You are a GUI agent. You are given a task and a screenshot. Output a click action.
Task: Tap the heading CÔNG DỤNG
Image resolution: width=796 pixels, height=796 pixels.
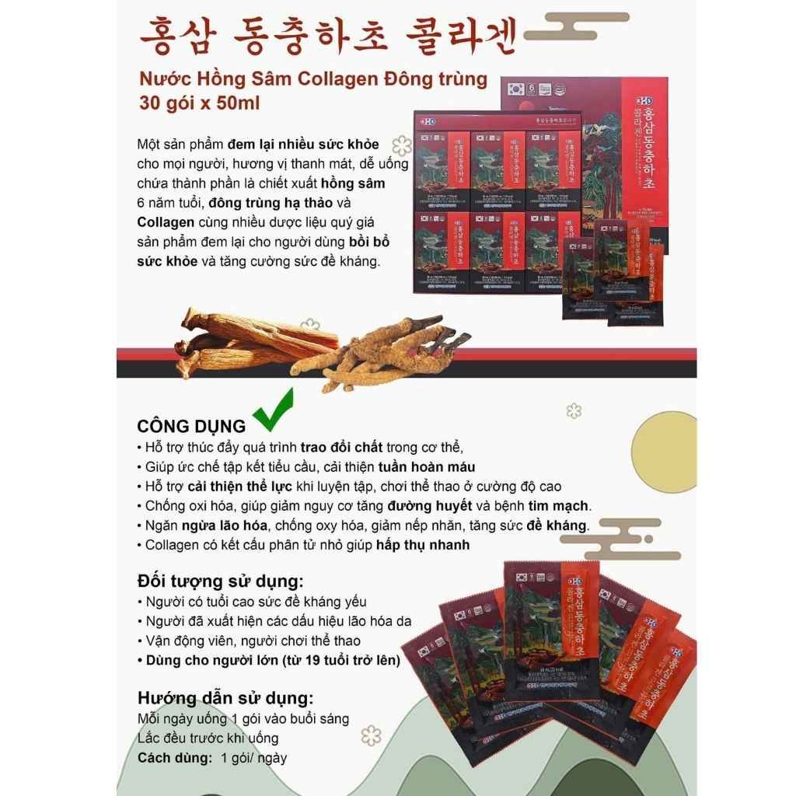click(x=191, y=426)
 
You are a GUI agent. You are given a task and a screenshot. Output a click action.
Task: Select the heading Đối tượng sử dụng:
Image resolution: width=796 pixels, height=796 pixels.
click(x=220, y=581)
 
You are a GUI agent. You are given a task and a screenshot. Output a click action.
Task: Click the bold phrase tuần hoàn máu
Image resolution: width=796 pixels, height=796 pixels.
click(x=427, y=467)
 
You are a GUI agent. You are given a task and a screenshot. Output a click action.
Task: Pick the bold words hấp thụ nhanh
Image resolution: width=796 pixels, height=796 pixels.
click(x=423, y=545)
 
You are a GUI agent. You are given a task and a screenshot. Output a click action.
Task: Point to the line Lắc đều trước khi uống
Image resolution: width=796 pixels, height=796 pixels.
click(x=208, y=738)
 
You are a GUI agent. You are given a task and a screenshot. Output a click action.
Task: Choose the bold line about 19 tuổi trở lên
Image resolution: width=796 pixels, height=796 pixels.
click(x=268, y=660)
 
